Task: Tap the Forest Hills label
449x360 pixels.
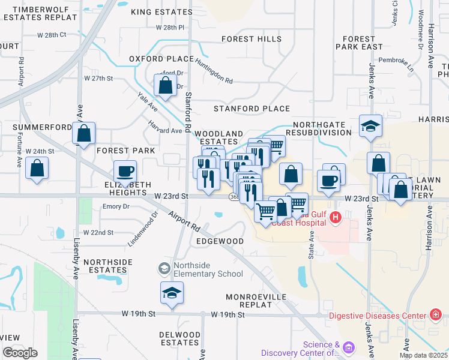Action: [x=251, y=39]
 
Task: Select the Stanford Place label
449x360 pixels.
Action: [x=252, y=109]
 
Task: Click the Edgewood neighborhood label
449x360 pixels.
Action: [x=220, y=241]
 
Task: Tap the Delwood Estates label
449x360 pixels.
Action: [x=179, y=338]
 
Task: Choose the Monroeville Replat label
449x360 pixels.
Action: [x=258, y=301]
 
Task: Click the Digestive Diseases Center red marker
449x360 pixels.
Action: [x=436, y=314]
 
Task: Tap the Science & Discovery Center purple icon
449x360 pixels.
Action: [x=349, y=347]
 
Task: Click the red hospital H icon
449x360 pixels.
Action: [x=336, y=217]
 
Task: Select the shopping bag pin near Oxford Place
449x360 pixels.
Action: [x=165, y=85]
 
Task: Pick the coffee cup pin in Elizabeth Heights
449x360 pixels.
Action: [x=125, y=172]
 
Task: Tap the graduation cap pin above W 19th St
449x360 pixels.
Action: [x=172, y=293]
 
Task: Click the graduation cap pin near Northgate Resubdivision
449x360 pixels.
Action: [x=370, y=126]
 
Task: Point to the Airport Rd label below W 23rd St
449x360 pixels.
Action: [x=184, y=221]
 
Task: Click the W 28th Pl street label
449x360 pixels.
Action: [x=170, y=28]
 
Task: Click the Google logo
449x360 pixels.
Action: [x=20, y=353]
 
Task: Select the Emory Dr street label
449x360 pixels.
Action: [x=116, y=206]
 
